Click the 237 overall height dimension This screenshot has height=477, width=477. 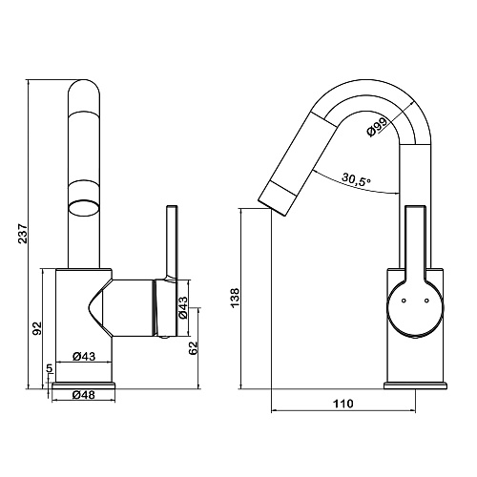23,234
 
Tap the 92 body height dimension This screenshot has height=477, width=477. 37,328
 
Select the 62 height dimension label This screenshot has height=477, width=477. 193,347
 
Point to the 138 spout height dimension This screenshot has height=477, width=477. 235,298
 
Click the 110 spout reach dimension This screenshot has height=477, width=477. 343,404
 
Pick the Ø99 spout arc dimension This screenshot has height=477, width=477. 378,127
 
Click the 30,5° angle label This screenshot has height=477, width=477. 357,179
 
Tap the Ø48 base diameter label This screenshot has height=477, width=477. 84,395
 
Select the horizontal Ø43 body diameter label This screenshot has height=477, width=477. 84,356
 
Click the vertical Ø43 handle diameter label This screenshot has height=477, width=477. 183,307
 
